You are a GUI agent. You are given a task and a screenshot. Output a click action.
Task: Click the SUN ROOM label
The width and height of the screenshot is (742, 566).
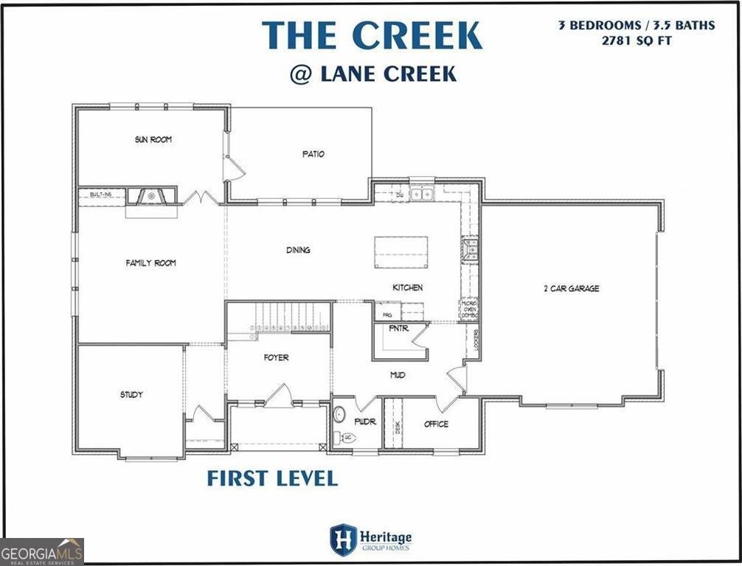pyautogui.click(x=153, y=139)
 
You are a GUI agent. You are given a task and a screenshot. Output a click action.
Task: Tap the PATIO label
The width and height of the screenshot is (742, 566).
pyautogui.click(x=313, y=154)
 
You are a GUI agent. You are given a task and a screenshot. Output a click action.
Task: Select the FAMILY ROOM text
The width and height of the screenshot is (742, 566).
pyautogui.click(x=150, y=263)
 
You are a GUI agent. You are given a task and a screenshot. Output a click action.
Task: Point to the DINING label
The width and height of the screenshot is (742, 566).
pyautogui.click(x=298, y=250)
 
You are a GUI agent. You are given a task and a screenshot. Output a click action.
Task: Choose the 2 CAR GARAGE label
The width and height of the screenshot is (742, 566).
pyautogui.click(x=571, y=288)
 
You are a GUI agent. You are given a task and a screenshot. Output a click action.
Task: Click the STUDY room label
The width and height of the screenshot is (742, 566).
pyautogui.click(x=131, y=394)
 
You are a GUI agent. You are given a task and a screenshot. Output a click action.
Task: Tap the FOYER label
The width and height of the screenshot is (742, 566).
pyautogui.click(x=276, y=357)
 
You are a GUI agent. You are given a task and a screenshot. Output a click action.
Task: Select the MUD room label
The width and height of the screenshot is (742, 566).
pyautogui.click(x=398, y=375)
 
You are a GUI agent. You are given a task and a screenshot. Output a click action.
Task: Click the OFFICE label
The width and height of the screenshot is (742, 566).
pyautogui.click(x=436, y=424)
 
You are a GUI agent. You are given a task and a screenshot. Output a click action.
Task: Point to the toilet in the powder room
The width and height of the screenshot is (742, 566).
pyautogui.click(x=347, y=438)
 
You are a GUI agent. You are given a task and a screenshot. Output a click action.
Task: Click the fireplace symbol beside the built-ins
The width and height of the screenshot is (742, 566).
pyautogui.click(x=150, y=196)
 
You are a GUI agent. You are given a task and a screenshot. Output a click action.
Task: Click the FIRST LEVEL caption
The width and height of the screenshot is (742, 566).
pyautogui.click(x=272, y=478)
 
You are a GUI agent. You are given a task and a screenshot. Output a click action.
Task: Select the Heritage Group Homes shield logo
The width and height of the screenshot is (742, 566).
pyautogui.click(x=343, y=539)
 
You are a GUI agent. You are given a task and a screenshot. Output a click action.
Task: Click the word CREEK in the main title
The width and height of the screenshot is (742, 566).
pyautogui.click(x=417, y=36)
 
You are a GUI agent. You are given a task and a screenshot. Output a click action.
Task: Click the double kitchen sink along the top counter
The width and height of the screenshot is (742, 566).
pyautogui.click(x=422, y=195)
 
